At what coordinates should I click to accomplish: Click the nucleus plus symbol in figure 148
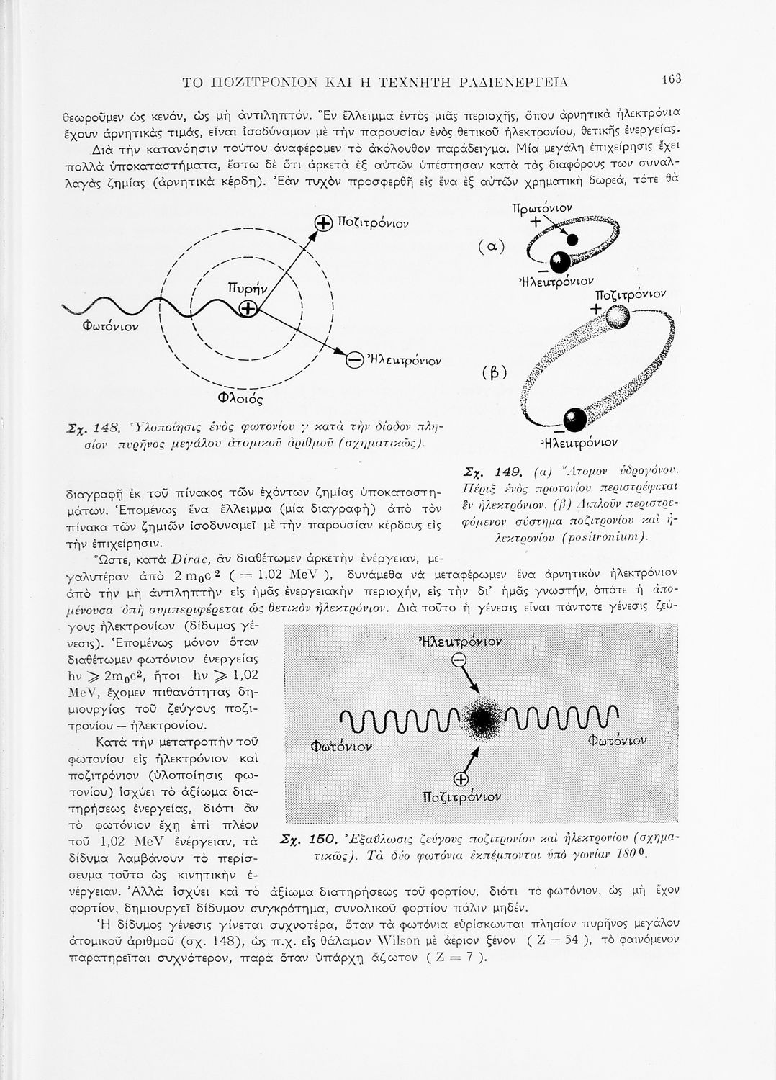tap(248, 309)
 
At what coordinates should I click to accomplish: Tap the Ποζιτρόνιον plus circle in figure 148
tap(322, 223)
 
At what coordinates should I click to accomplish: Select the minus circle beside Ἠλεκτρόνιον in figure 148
tap(353, 359)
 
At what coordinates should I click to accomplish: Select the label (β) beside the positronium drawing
tap(495, 372)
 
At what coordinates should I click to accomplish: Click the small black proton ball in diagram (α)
tap(572, 240)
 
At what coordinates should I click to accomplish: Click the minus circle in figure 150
tap(458, 662)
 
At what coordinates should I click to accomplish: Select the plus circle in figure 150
tap(461, 779)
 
